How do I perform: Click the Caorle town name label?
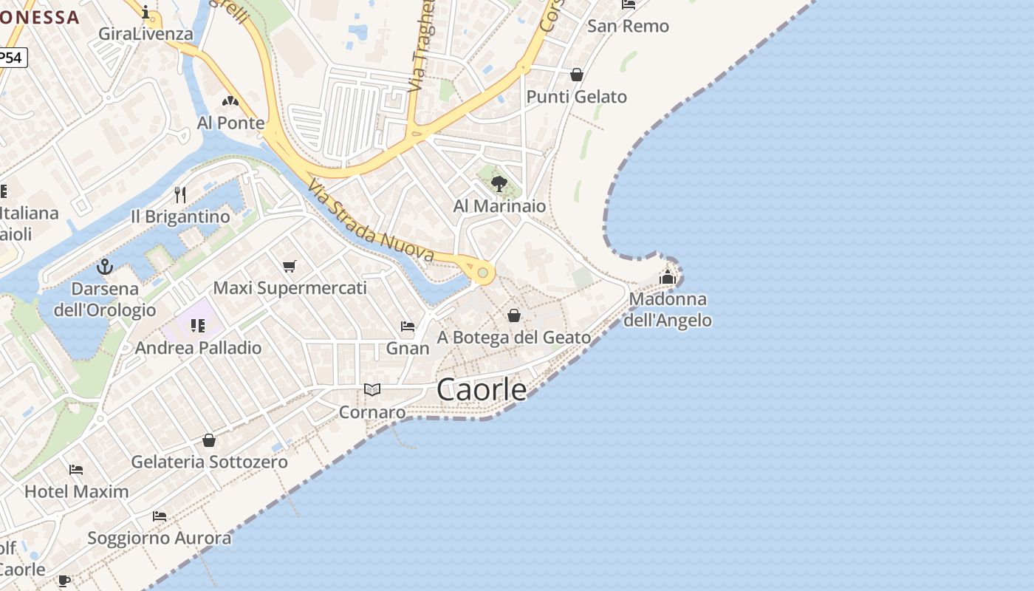(482, 389)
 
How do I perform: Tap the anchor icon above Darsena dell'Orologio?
(105, 266)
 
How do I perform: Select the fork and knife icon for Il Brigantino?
(180, 194)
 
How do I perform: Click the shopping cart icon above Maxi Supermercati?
(290, 266)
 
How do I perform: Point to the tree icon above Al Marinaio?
(499, 183)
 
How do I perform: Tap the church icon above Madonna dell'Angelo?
(668, 277)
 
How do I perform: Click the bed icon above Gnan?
(408, 326)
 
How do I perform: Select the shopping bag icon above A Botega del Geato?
(514, 315)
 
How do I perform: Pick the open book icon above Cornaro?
(372, 389)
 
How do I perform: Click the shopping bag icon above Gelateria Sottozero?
(209, 440)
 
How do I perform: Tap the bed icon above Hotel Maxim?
(76, 469)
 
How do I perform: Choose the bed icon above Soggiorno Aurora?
(160, 516)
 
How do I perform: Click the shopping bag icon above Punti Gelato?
(577, 75)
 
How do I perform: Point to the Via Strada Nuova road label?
(371, 222)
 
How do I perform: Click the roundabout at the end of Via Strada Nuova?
(483, 273)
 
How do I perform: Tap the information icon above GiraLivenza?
(146, 12)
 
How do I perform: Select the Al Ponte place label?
(230, 123)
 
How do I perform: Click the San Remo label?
(628, 27)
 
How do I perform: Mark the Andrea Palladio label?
(199, 347)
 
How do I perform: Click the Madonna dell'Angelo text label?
(668, 310)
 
